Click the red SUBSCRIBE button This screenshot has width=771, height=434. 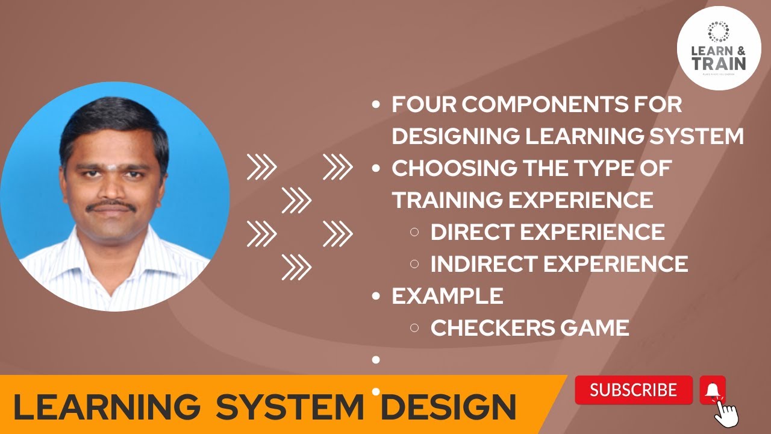(x=634, y=390)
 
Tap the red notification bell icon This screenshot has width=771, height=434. (x=713, y=389)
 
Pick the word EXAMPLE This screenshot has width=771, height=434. (x=448, y=296)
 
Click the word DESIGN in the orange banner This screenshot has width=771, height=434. (x=448, y=407)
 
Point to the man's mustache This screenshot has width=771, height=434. (x=111, y=206)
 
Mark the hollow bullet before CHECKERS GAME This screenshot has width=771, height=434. (x=414, y=328)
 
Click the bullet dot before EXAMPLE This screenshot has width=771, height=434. (x=376, y=296)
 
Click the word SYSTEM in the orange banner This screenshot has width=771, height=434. (x=290, y=407)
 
